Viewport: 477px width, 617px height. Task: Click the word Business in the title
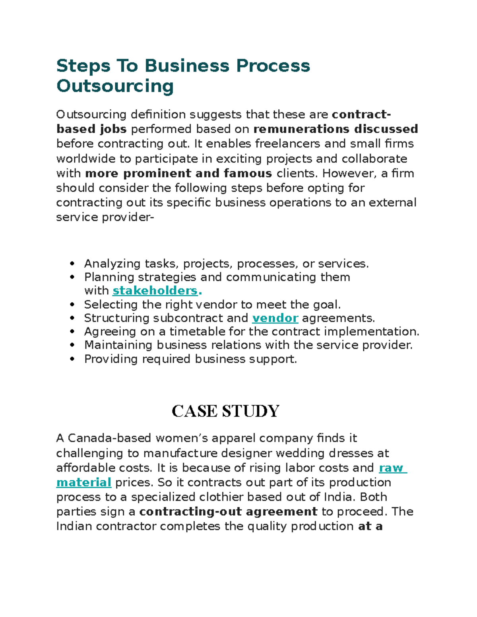(x=187, y=66)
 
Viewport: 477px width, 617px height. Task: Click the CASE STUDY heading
(x=225, y=411)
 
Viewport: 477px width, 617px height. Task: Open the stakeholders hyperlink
(x=155, y=291)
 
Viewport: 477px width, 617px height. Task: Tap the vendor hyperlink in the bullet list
(x=275, y=318)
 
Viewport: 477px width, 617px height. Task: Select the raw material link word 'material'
(x=84, y=482)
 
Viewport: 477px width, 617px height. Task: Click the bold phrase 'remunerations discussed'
(x=335, y=129)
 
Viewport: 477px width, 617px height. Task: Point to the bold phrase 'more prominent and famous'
(x=178, y=174)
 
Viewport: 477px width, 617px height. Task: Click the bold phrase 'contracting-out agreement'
(x=228, y=512)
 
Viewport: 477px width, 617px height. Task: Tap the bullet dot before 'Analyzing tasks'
(x=72, y=264)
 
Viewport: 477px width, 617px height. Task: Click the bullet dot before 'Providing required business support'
(x=72, y=359)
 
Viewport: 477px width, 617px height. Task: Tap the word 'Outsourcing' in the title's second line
(x=115, y=86)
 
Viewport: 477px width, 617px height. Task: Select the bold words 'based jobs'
(x=91, y=129)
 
